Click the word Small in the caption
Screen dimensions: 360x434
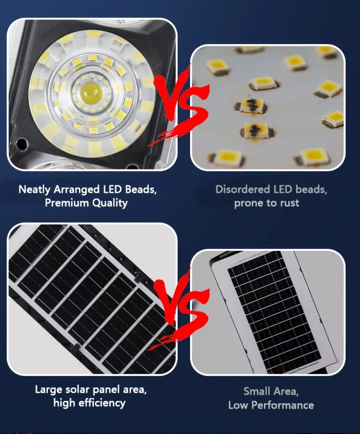coord(257,391)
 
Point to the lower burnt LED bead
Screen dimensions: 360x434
coord(257,129)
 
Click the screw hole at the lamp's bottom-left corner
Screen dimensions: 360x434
coord(21,144)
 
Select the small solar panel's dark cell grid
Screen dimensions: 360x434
coord(274,312)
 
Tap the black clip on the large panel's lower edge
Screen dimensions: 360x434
coord(76,348)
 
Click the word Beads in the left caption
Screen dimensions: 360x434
coord(141,189)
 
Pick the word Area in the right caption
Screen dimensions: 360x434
coord(286,392)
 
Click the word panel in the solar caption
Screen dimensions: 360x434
coord(107,390)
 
